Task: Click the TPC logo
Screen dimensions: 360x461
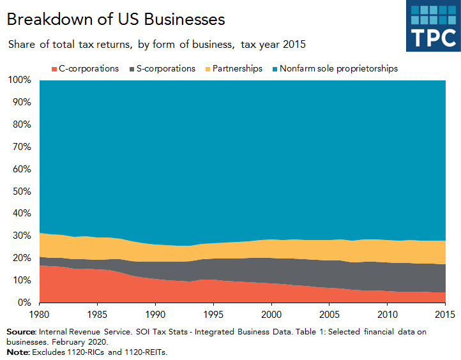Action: (x=433, y=26)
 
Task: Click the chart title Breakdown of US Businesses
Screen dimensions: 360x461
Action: (x=116, y=19)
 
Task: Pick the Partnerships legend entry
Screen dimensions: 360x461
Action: (x=234, y=68)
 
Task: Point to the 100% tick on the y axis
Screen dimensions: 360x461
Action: (x=19, y=80)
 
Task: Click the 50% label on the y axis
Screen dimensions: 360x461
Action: (x=21, y=191)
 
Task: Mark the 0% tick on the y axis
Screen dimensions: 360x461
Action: (x=24, y=303)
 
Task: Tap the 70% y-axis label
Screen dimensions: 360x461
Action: (x=21, y=147)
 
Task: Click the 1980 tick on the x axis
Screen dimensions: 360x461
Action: (x=40, y=315)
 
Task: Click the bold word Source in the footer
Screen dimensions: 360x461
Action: (x=21, y=332)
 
